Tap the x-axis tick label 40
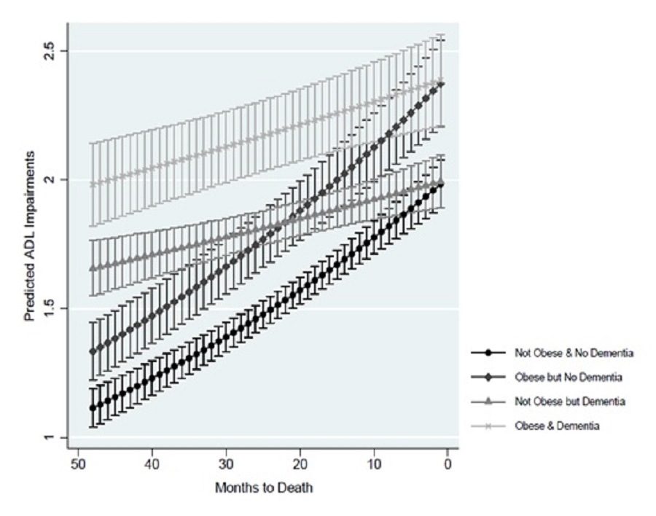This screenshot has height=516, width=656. click(151, 464)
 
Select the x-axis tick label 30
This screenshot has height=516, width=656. click(225, 464)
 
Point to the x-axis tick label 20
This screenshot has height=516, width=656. click(299, 464)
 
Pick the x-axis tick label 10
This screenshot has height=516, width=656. click(373, 464)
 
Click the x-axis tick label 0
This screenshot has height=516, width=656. click(447, 464)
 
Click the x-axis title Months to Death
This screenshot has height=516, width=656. click(264, 488)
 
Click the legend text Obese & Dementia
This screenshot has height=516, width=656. click(556, 426)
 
